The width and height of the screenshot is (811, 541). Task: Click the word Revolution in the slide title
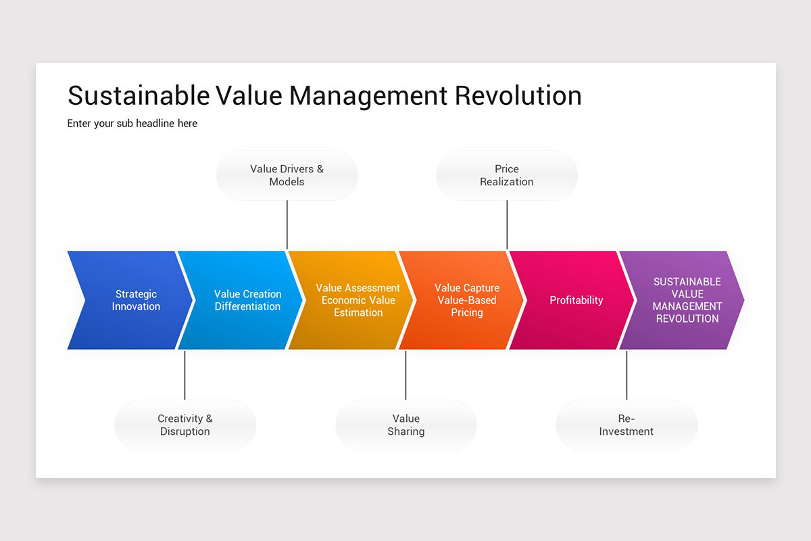(518, 95)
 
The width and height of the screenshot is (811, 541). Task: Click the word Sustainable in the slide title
(139, 95)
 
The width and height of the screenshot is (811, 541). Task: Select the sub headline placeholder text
(132, 123)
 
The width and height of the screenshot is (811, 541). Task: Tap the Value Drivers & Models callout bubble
(287, 175)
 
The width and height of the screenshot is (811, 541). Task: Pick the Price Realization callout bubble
(507, 175)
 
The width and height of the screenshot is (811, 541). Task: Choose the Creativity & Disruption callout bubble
(185, 425)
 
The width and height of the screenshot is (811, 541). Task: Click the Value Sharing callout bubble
(406, 425)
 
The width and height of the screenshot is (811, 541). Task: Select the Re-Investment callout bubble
(626, 425)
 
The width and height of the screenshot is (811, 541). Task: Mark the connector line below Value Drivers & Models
(287, 225)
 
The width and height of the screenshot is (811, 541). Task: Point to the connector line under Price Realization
(507, 225)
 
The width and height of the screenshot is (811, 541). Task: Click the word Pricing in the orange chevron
(467, 312)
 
